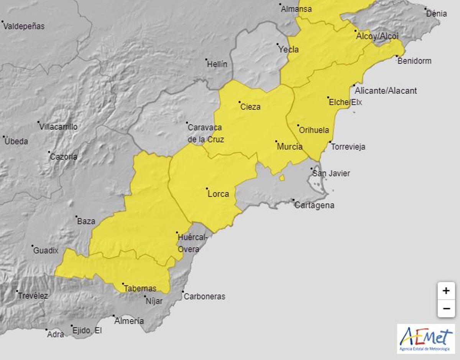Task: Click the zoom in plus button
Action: point(446,291)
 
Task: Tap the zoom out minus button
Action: point(446,308)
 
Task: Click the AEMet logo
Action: point(426,339)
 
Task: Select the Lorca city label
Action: point(218,194)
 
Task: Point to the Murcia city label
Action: point(289,147)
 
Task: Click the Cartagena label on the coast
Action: point(314,205)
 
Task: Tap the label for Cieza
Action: point(250,107)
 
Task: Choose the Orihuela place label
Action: point(314,130)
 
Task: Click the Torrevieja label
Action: point(348,147)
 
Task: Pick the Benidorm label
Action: point(414,61)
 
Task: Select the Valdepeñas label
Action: point(24,26)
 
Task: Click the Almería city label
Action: point(129,321)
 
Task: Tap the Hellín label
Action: point(217,64)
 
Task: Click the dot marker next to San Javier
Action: point(312,169)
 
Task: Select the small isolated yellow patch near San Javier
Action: point(282,178)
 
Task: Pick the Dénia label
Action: point(436,13)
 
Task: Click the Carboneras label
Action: point(204,296)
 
